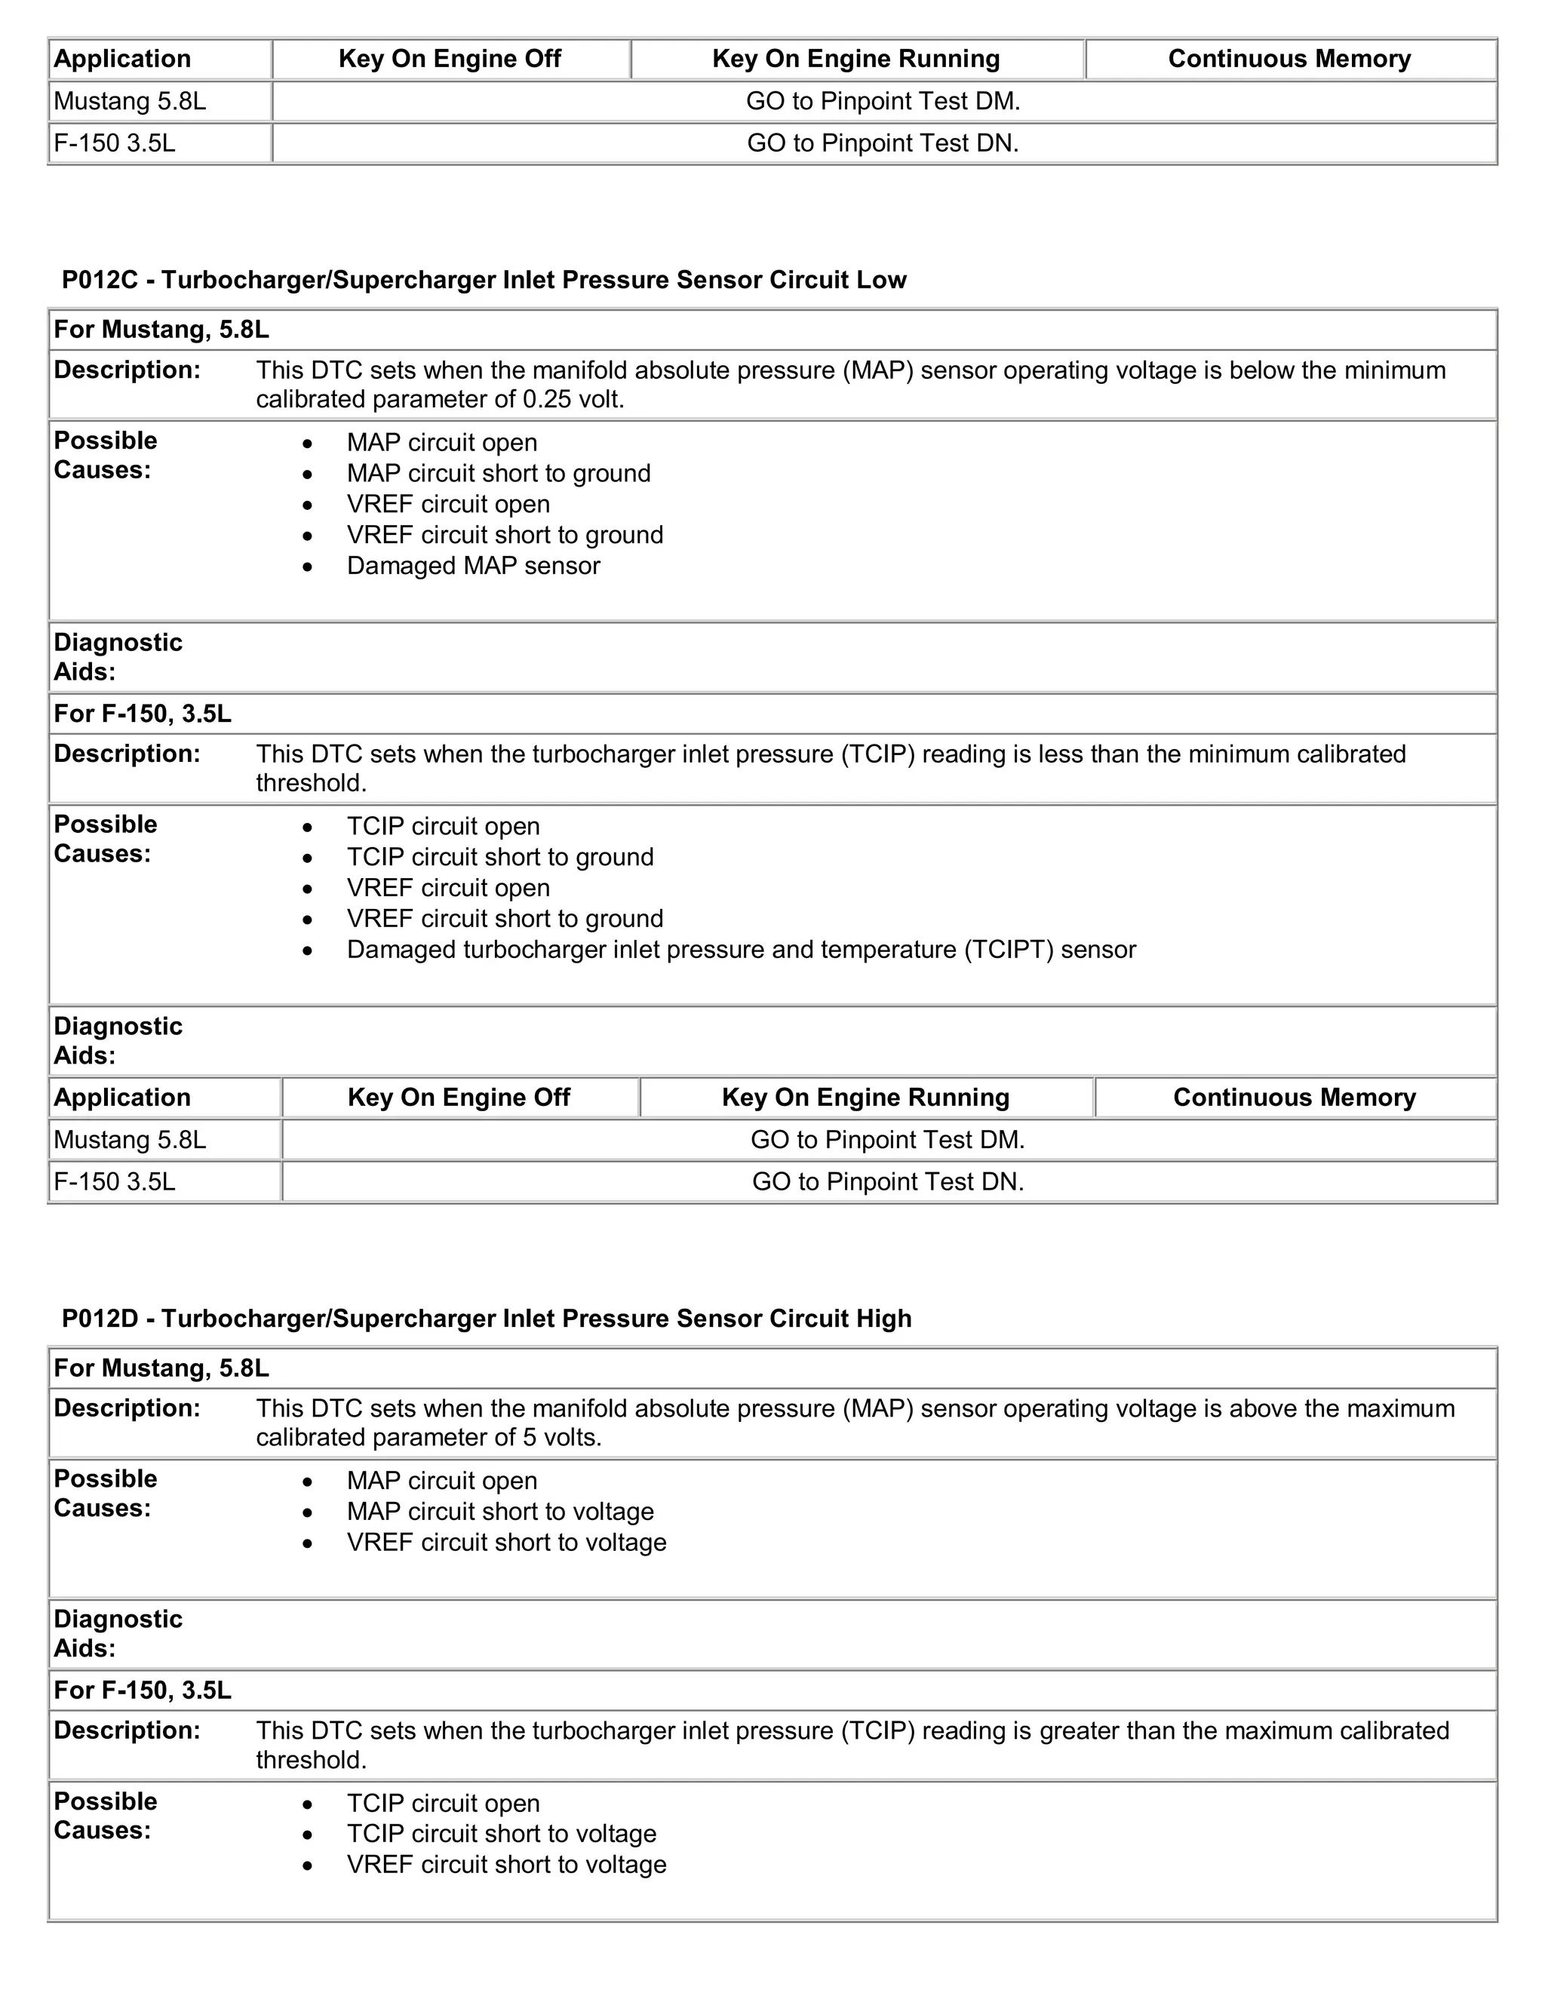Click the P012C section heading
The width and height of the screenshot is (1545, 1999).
pyautogui.click(x=484, y=280)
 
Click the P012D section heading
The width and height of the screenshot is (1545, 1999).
pyautogui.click(x=486, y=1319)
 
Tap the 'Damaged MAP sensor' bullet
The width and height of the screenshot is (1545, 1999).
pyautogui.click(x=472, y=566)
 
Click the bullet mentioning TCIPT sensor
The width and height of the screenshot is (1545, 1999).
pyautogui.click(x=741, y=949)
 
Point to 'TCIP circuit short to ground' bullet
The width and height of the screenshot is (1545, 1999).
pyautogui.click(x=499, y=857)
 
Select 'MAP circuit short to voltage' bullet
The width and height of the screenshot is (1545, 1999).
pyautogui.click(x=499, y=1511)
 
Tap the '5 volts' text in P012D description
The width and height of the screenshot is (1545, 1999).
pyautogui.click(x=562, y=1438)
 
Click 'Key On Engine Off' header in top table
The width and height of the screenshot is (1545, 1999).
pyautogui.click(x=450, y=59)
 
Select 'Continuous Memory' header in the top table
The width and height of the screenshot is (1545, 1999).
pyautogui.click(x=1289, y=59)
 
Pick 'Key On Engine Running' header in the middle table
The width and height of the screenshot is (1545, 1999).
pyautogui.click(x=865, y=1098)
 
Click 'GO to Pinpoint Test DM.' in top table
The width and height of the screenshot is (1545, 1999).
pyautogui.click(x=883, y=100)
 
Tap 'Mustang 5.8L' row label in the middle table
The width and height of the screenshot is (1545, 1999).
pyautogui.click(x=130, y=1140)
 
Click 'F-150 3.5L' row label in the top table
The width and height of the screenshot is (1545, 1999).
pyautogui.click(x=115, y=143)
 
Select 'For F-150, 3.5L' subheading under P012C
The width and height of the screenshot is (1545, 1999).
pyautogui.click(x=143, y=713)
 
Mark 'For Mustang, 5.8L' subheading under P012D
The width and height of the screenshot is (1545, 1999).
pyautogui.click(x=161, y=1368)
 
